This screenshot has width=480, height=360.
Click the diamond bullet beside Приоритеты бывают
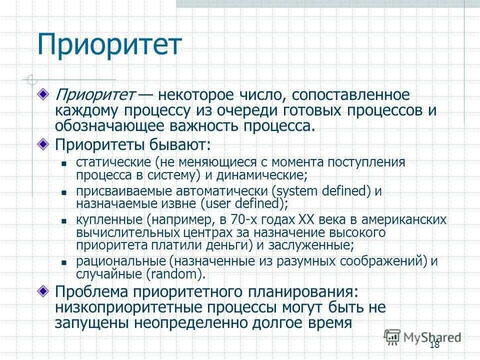click(45, 144)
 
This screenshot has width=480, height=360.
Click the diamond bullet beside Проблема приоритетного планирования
click(45, 290)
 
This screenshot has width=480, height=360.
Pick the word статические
click(113, 162)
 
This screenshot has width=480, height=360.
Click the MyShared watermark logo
click(422, 337)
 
